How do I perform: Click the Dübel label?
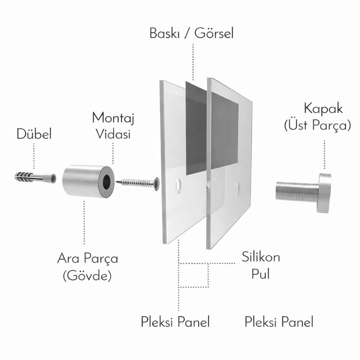tap(34, 134)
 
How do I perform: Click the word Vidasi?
tap(113, 134)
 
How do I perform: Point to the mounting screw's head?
tap(156, 184)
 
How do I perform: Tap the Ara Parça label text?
tap(88, 259)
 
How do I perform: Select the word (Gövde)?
tap(87, 276)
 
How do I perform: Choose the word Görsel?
tap(214, 34)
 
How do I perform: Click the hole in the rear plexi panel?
tap(178, 186)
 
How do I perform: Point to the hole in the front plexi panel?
tap(238, 189)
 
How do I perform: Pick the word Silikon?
tap(261, 257)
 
